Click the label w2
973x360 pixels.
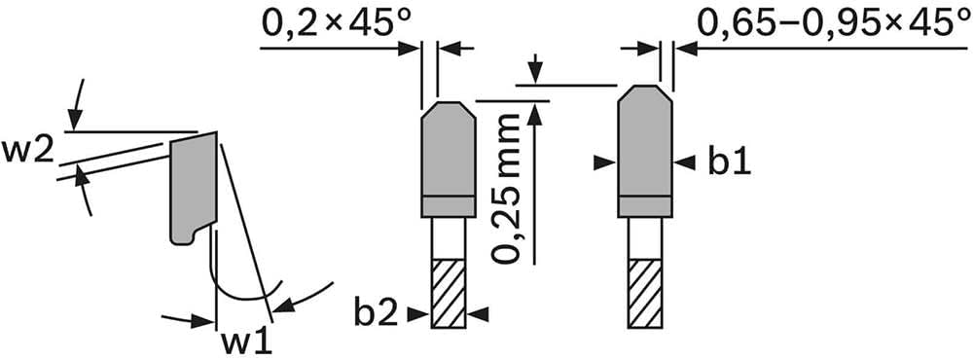[27, 151]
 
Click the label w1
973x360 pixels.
[246, 342]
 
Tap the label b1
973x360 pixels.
[731, 162]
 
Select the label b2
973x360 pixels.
[376, 313]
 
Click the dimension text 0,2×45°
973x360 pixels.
[337, 24]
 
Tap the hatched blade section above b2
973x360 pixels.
[449, 293]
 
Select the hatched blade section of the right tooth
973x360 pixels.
[645, 293]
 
